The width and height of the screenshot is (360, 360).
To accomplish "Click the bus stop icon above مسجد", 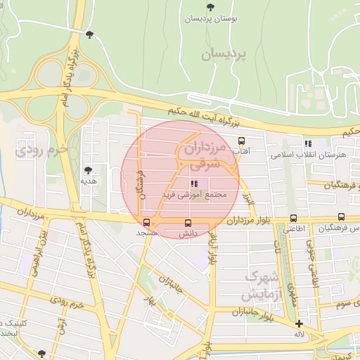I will click(x=146, y=222).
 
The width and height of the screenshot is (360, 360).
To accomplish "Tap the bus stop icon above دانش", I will click(x=187, y=223).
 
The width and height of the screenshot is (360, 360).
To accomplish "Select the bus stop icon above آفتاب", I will click(x=242, y=141).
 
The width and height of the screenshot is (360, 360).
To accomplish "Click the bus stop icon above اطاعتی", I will click(x=292, y=219).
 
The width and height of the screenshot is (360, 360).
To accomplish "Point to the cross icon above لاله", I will click(x=300, y=324).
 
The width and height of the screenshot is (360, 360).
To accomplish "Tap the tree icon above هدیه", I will click(x=88, y=170).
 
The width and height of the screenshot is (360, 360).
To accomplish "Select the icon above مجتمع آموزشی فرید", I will click(x=194, y=183).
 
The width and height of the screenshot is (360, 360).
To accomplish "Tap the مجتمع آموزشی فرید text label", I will click(x=193, y=194).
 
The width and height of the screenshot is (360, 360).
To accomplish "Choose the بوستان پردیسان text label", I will click(x=208, y=20).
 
